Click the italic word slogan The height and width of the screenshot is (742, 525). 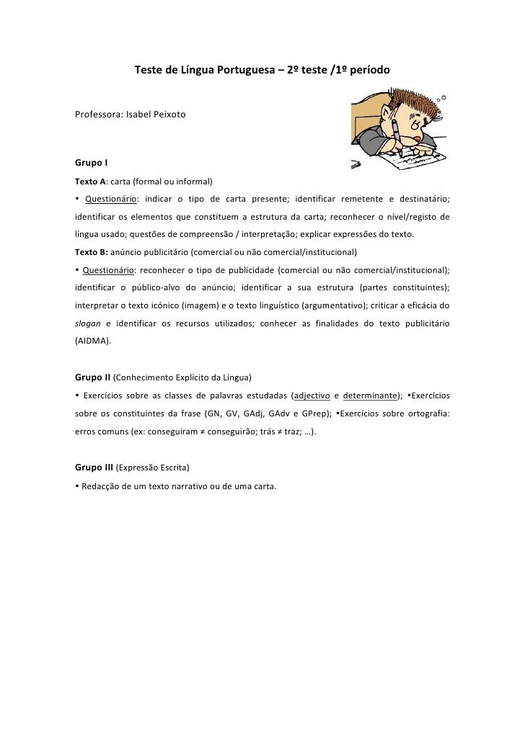(88, 323)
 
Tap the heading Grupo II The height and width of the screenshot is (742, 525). (93, 377)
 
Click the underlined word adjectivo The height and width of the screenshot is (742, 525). (310, 395)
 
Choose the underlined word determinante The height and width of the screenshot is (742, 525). (371, 395)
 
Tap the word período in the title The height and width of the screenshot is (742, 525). (367, 71)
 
